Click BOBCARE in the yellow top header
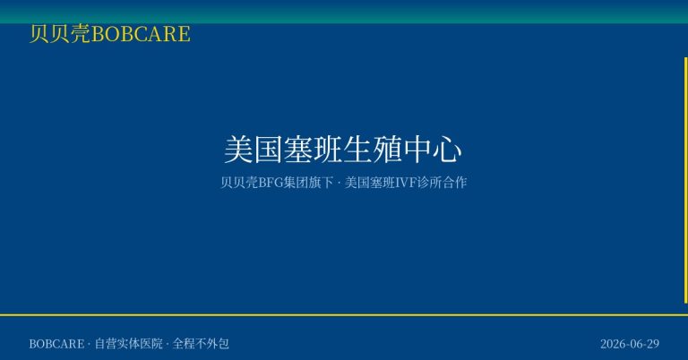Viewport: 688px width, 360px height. click(141, 34)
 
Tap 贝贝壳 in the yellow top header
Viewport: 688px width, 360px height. click(60, 34)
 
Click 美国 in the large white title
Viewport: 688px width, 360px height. click(254, 150)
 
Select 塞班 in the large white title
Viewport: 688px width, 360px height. click(313, 150)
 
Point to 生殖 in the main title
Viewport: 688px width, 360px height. click(373, 150)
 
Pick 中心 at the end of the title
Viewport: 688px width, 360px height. click(433, 150)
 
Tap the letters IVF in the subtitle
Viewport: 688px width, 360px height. click(407, 183)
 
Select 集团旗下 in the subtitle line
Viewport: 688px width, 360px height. click(308, 183)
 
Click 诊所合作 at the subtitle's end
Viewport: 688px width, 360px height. click(442, 183)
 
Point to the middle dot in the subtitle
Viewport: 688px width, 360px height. click(340, 183)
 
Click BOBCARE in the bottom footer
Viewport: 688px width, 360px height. click(56, 344)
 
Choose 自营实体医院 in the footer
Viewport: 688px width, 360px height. click(129, 343)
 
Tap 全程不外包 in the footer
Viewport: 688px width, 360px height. click(201, 343)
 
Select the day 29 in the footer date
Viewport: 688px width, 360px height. click(653, 344)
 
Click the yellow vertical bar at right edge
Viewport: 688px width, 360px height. click(686, 180)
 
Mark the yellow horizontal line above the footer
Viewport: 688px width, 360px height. click(344, 315)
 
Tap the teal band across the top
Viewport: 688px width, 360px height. click(344, 12)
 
